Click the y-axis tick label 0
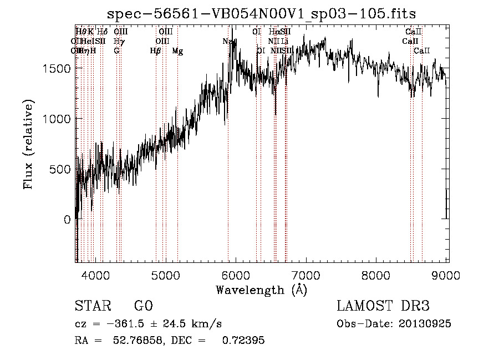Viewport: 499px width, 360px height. [67, 220]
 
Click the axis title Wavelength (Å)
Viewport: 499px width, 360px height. [261, 290]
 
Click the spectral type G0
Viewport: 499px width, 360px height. [143, 306]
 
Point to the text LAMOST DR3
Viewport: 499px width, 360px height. [383, 306]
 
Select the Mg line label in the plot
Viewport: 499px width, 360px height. [177, 51]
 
